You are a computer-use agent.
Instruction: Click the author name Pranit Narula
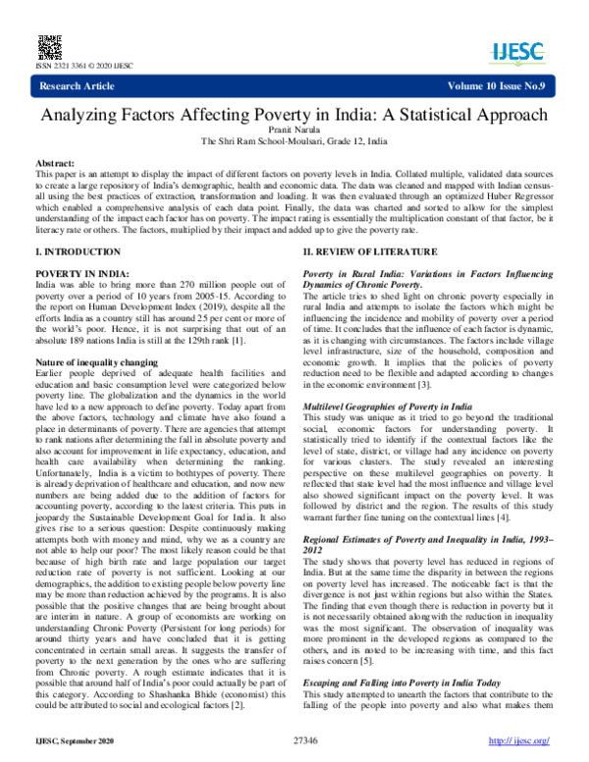pos(294,129)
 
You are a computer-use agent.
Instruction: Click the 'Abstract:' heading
pos(60,161)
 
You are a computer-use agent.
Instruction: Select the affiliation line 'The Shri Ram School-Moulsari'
pos(294,140)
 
